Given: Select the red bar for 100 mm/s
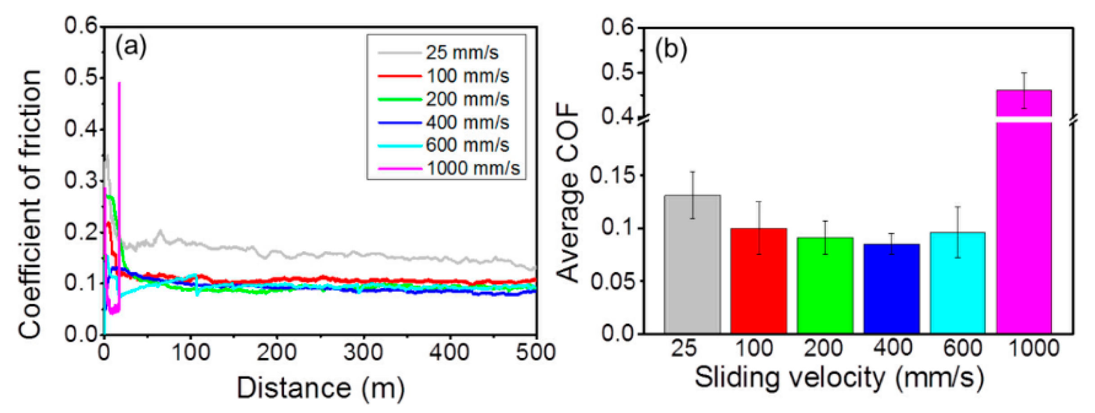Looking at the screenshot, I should tap(758, 281).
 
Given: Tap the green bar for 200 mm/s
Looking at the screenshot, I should tap(825, 286).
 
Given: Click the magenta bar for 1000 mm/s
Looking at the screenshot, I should tap(1024, 225).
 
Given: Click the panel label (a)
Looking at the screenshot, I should tap(131, 46).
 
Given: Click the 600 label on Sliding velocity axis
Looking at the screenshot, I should tap(962, 349).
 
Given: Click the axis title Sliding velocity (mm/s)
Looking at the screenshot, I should tap(839, 377).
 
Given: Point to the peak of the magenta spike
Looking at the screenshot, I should tap(119, 83).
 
